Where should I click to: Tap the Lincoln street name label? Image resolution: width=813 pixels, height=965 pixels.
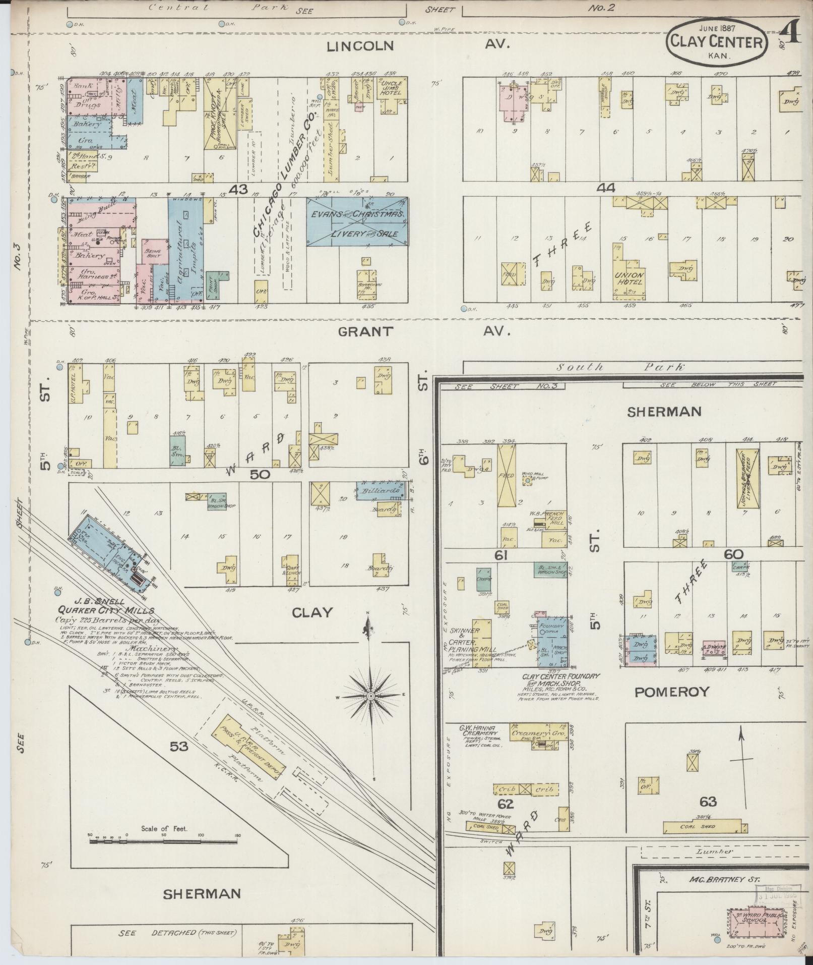point(359,46)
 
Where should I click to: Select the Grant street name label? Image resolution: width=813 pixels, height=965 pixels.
point(365,331)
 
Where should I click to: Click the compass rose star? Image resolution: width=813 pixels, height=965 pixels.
point(370,696)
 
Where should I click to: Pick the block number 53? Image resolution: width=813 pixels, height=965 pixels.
point(178,746)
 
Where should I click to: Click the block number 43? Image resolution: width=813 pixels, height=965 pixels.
point(238,189)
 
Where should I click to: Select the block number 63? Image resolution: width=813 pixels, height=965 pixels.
point(708,802)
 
